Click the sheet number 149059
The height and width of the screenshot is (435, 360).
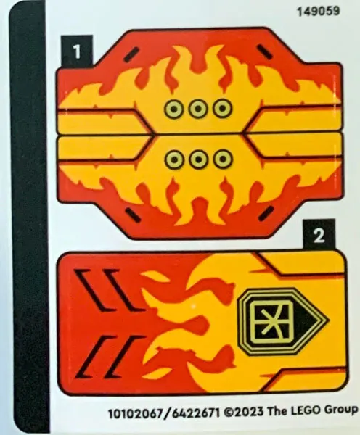point(318,12)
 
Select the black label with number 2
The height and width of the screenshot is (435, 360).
point(319,236)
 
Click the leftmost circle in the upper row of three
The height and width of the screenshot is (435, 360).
point(173,109)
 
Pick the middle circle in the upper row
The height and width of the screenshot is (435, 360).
point(197,109)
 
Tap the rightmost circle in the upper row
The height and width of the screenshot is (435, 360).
point(222,108)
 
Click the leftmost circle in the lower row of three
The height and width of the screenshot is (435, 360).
point(174,159)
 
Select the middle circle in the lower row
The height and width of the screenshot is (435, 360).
point(198,159)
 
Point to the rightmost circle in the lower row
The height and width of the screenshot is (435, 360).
point(223,159)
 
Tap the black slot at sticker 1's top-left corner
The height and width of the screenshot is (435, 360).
point(131,54)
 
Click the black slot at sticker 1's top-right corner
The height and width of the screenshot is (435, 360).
point(265,52)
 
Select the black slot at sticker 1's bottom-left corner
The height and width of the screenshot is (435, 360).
point(133,215)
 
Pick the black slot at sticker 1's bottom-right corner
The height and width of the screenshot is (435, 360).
point(266,214)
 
